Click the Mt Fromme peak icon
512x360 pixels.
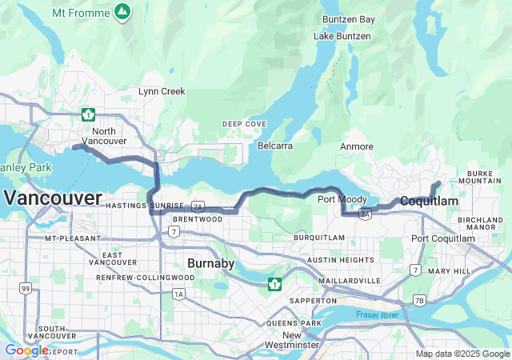pyautogui.click(x=122, y=12)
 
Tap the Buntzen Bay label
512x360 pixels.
pyautogui.click(x=348, y=19)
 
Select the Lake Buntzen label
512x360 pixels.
pyautogui.click(x=342, y=36)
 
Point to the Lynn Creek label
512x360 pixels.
pyautogui.click(x=162, y=91)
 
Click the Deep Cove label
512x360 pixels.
pyautogui.click(x=244, y=124)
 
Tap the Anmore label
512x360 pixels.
pyautogui.click(x=356, y=146)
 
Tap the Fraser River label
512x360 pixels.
pyautogui.click(x=377, y=315)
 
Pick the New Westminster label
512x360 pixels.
pyautogui.click(x=291, y=340)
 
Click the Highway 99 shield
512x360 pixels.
pyautogui.click(x=26, y=288)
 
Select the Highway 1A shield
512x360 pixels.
pyautogui.click(x=178, y=294)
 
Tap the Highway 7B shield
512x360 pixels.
pyautogui.click(x=419, y=300)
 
